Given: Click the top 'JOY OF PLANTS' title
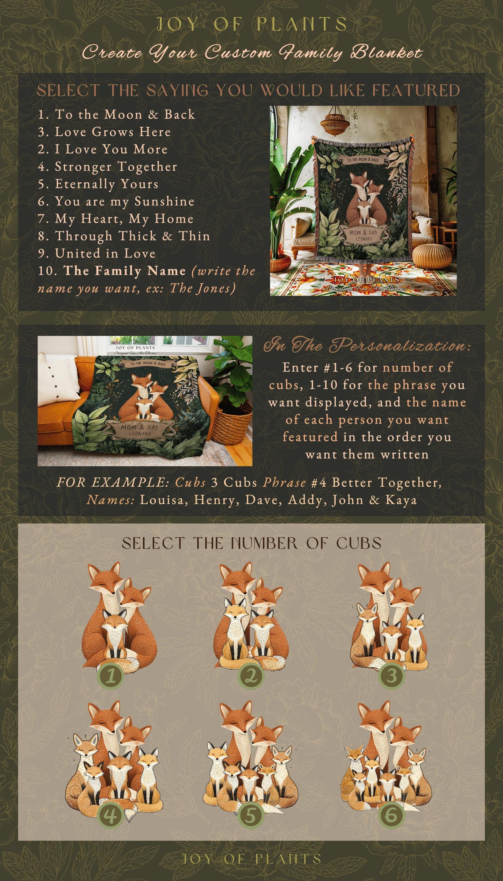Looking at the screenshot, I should coord(252,24).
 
